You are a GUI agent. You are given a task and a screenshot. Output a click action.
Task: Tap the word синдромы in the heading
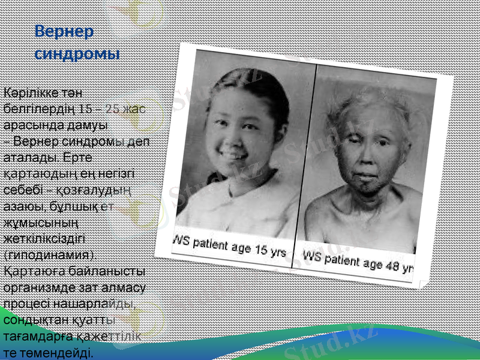(77, 53)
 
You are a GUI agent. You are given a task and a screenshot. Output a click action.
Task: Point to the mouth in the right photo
(365, 176)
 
